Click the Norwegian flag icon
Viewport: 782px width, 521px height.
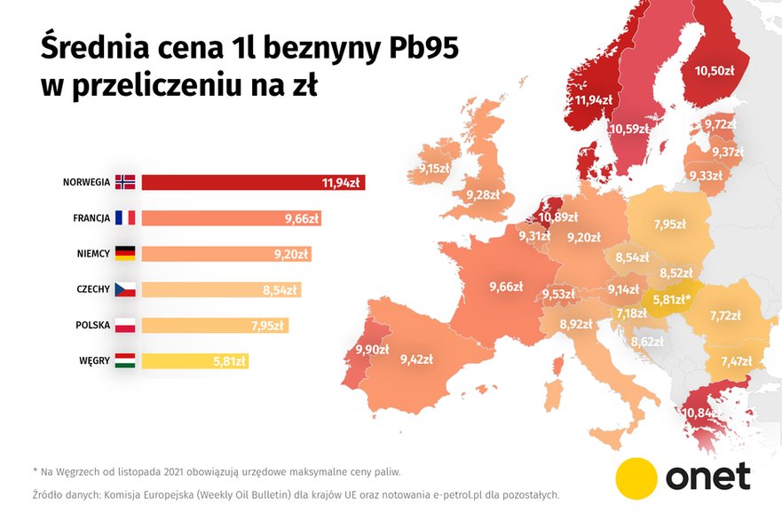click(125, 182)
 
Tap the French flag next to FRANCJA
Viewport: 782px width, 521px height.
click(125, 217)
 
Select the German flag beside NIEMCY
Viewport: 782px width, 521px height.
click(125, 254)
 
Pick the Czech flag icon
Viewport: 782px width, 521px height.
click(125, 289)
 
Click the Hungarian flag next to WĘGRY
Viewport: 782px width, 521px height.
click(125, 360)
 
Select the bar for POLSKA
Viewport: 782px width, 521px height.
click(215, 325)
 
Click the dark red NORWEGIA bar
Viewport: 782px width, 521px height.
click(253, 182)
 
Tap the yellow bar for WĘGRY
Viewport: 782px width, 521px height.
click(194, 360)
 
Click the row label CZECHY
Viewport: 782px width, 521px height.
click(91, 289)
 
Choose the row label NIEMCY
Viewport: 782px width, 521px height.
click(92, 254)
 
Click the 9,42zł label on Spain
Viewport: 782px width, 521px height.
click(416, 359)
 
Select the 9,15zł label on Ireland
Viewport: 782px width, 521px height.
click(435, 168)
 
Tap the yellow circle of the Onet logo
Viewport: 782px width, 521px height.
click(636, 478)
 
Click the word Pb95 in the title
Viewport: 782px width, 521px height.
click(420, 49)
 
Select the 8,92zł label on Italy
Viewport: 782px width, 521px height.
click(575, 325)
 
